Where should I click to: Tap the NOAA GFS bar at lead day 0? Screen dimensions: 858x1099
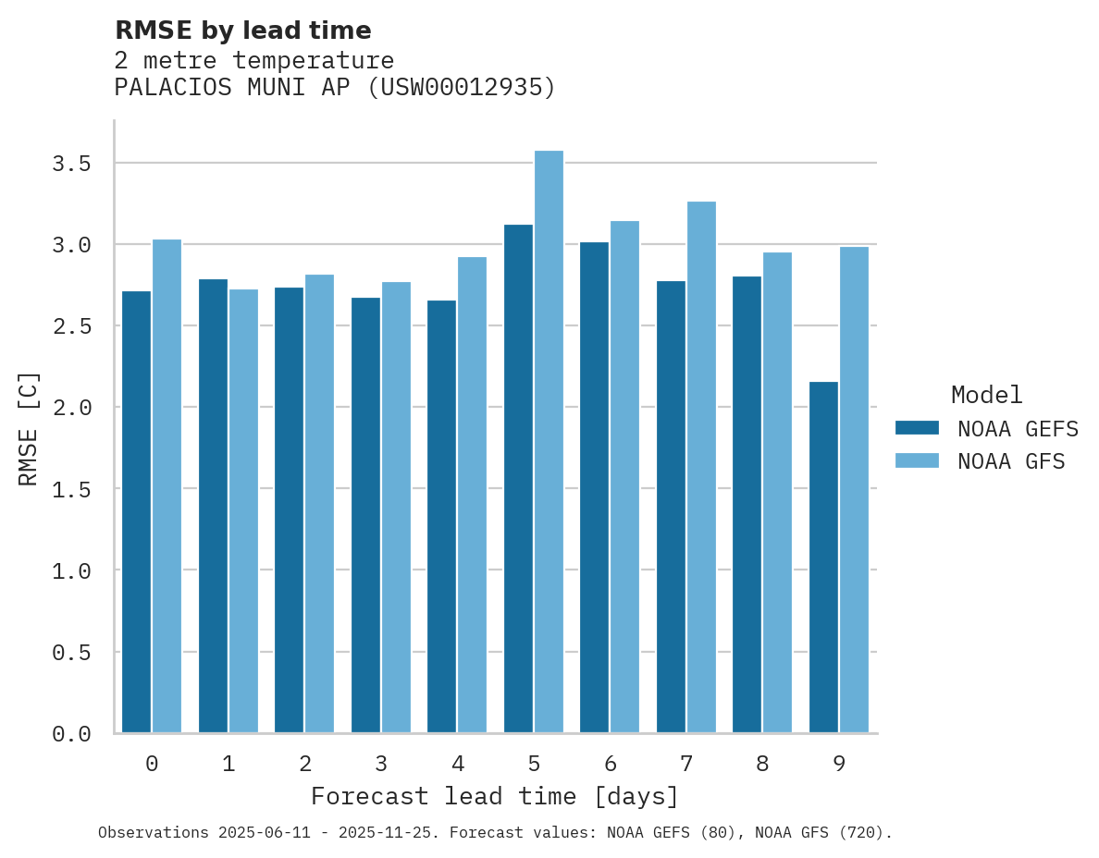coord(167,486)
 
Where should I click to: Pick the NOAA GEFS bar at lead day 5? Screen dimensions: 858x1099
coord(518,479)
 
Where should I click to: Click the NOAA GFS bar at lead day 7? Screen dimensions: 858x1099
coord(701,467)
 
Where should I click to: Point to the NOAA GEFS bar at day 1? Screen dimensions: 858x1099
coord(213,506)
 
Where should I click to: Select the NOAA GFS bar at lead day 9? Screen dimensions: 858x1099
coord(854,490)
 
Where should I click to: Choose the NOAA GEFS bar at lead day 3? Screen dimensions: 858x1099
coord(365,515)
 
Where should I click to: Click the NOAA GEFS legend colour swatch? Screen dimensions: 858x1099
coord(917,428)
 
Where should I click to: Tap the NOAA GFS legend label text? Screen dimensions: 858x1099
coord(1011,461)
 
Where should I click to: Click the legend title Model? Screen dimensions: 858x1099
coord(986,395)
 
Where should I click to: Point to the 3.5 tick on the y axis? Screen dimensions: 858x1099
coord(71,164)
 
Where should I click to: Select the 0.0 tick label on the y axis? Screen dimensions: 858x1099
coord(71,734)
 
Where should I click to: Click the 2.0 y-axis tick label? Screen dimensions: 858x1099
coord(71,408)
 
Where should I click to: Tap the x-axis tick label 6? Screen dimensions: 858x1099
coord(611,764)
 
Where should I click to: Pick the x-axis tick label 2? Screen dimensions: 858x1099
coord(304,764)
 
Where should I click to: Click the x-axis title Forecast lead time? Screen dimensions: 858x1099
coord(495,796)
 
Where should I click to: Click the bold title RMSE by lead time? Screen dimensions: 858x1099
coord(242,31)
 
